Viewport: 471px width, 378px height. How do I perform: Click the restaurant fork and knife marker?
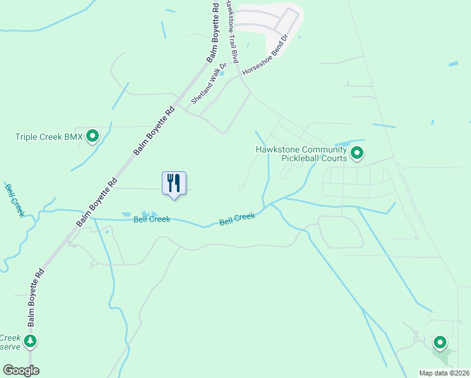[x=174, y=183]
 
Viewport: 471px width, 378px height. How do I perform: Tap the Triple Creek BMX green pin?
[x=93, y=135]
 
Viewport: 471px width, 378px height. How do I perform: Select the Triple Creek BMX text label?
[x=49, y=136]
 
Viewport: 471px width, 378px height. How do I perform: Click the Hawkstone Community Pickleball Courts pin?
[x=357, y=153]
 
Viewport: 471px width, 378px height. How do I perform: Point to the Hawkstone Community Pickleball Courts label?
[x=301, y=154]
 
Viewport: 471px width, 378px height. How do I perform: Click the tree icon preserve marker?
[x=30, y=341]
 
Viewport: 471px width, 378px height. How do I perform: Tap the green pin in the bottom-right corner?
[x=440, y=343]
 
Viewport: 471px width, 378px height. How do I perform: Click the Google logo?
[x=21, y=370]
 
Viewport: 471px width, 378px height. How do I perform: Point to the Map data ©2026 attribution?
[x=443, y=373]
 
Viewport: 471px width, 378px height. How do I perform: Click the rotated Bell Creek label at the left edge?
[x=14, y=200]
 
